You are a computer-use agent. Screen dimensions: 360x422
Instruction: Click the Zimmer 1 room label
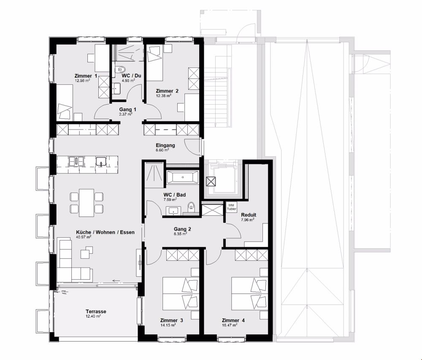coord(86,76)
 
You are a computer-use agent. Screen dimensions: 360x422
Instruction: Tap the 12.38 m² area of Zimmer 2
coord(163,96)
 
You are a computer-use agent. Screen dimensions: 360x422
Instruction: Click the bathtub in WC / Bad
coord(182,177)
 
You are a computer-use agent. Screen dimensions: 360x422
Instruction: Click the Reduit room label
coord(249,215)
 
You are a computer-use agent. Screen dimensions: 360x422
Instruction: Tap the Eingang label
coord(164,145)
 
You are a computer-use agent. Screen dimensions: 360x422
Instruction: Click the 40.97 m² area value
coord(84,237)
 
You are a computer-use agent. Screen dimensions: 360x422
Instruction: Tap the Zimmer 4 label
coord(233,320)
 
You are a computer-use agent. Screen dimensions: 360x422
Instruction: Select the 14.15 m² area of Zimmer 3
coord(169,325)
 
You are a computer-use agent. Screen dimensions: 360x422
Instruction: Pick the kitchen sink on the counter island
coord(101,161)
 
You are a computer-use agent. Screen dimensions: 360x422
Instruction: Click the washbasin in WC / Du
coord(116,88)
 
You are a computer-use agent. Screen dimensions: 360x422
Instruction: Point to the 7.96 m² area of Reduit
coord(247,220)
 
